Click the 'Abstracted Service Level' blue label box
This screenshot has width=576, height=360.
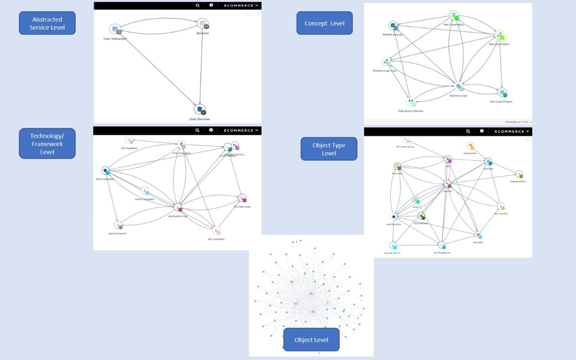pos(47,23)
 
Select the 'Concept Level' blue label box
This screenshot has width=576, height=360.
pos(324,23)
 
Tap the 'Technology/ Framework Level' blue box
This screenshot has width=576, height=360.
pos(47,144)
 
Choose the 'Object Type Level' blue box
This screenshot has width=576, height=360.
pos(328,149)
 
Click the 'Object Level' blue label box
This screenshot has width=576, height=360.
pos(311,340)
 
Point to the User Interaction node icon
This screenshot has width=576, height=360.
pos(115,29)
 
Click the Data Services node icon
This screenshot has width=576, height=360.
pos(199,110)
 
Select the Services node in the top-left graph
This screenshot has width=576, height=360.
pos(203,25)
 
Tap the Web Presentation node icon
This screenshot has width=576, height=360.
pos(453,16)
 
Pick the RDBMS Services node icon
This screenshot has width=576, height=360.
pos(393,26)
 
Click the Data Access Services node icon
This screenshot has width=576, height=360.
pos(411,102)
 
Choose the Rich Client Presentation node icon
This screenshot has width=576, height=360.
pos(502,93)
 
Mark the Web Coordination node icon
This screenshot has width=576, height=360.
pos(499,36)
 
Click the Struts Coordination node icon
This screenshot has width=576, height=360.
pos(105,171)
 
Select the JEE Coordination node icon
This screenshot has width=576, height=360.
pos(216,232)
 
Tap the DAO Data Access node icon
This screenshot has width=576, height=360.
pos(242,198)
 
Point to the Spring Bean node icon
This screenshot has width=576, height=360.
pos(479,235)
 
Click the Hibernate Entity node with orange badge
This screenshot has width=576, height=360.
pos(471,147)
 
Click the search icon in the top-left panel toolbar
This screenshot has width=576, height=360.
pos(197,6)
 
